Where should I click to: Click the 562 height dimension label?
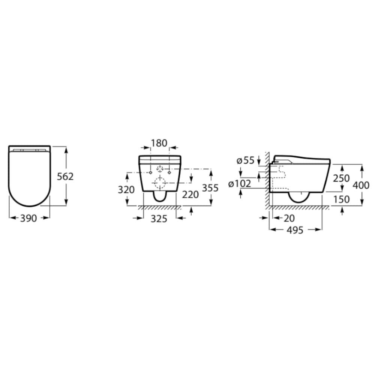pos(65,177)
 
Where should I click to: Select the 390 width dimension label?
pos(28,218)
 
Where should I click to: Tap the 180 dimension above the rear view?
pos(159,143)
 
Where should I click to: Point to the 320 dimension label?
pos(126,190)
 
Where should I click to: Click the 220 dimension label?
pos(190,195)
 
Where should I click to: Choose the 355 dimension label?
pos(210,188)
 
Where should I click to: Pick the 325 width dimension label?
pos(159,219)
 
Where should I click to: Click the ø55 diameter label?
pos(245,160)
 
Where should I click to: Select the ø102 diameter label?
pos(240,184)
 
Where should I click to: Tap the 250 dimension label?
pos(342,178)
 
